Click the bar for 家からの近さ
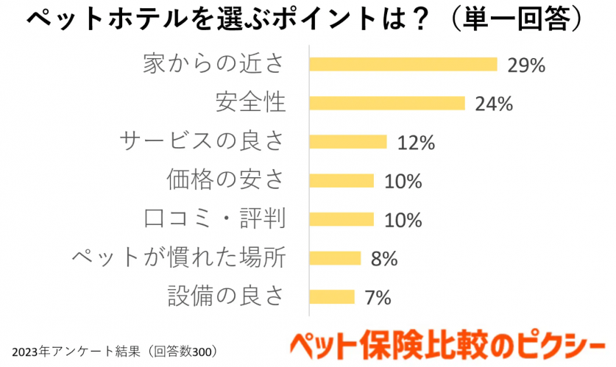[403, 64]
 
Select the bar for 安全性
[387, 103]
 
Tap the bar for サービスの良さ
[348, 142]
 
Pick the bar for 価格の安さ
[341, 180]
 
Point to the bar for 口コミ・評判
[341, 219]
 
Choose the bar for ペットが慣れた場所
[336, 258]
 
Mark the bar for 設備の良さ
[332, 297]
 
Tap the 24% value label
[493, 104]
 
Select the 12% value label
[416, 143]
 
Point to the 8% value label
[384, 258]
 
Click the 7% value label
[378, 297]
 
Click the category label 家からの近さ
[213, 64]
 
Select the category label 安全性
[250, 103]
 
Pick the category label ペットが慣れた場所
[179, 258]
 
